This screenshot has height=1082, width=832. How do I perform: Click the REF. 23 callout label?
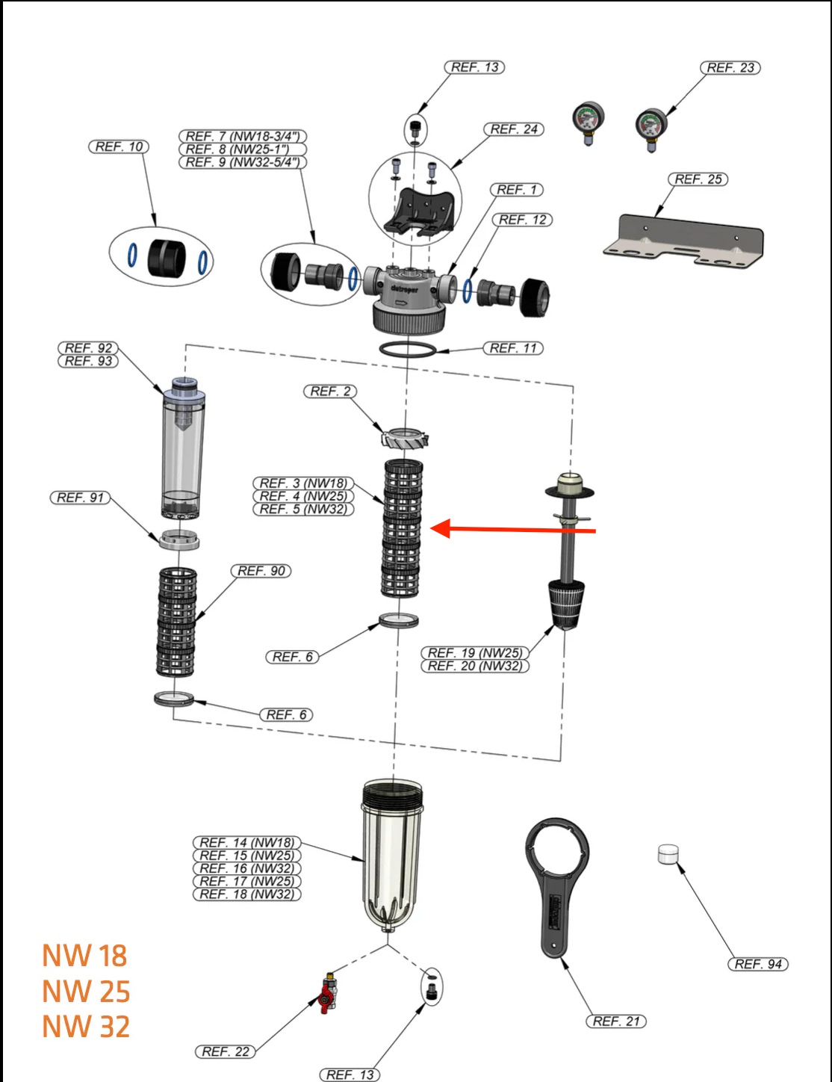pyautogui.click(x=730, y=68)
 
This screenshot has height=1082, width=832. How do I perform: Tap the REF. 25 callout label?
pyautogui.click(x=698, y=179)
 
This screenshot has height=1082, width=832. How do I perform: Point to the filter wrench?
pyautogui.click(x=556, y=885)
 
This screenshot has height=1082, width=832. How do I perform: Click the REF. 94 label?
pyautogui.click(x=757, y=964)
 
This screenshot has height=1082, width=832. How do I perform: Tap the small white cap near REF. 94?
pyautogui.click(x=668, y=853)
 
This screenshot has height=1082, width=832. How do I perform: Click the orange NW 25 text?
pyautogui.click(x=86, y=992)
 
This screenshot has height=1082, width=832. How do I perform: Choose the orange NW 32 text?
pyautogui.click(x=86, y=1027)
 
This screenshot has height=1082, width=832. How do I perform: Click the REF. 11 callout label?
pyautogui.click(x=513, y=348)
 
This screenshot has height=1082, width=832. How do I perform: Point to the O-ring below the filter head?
pyautogui.click(x=406, y=349)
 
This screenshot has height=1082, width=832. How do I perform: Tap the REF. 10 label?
pyautogui.click(x=119, y=146)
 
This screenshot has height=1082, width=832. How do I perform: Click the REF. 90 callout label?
pyautogui.click(x=261, y=571)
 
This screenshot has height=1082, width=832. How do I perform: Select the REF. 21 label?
pyautogui.click(x=615, y=1021)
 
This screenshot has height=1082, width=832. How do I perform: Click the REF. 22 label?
pyautogui.click(x=225, y=1051)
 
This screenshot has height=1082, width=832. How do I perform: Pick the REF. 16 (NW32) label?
pyautogui.click(x=246, y=868)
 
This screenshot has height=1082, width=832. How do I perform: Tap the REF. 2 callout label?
pyautogui.click(x=330, y=392)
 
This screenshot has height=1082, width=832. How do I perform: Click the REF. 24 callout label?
pyautogui.click(x=514, y=129)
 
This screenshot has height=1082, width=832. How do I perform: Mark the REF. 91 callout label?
pyautogui.click(x=80, y=498)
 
